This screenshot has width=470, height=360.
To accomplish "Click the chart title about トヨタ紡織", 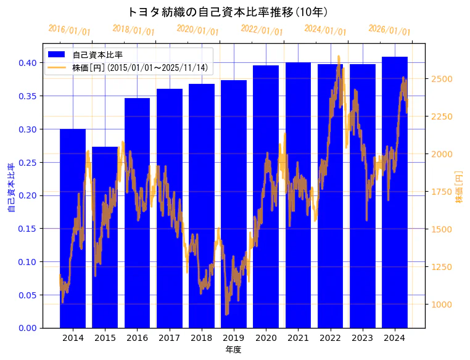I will pos(228,12).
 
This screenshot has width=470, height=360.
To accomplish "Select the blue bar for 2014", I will pos(73,228).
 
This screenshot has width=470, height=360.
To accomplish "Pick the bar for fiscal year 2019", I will pos(234,203).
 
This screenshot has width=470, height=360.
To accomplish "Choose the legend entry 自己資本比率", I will pos(97,55).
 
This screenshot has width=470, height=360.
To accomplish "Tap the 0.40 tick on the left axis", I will pos(28,63).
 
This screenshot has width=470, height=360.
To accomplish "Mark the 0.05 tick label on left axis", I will pos(28,295).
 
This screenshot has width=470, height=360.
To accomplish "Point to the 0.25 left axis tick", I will pos(28,162).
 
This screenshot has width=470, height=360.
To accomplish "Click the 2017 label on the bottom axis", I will pos(169,338).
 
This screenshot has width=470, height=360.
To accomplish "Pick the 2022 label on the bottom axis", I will pos(330,338).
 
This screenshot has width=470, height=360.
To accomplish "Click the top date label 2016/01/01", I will pos(69,30).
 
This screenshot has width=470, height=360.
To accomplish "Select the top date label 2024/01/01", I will pos(325,30).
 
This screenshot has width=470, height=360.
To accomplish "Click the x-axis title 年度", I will pos(233,350).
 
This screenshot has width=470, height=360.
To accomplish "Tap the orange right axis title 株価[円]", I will pos(460,187).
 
